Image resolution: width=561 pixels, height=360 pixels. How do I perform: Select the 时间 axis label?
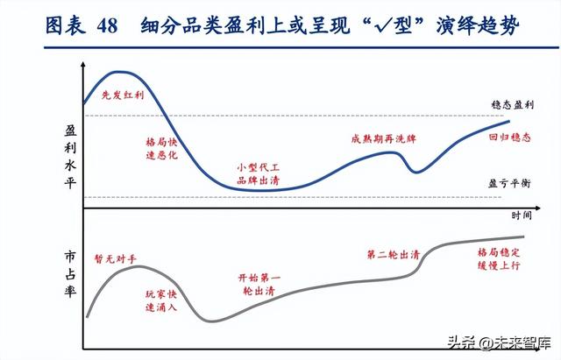click(x=522, y=215)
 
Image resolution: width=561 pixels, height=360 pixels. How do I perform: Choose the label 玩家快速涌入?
click(x=160, y=302)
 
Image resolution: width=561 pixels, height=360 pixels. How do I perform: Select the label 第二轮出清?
click(x=393, y=255)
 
